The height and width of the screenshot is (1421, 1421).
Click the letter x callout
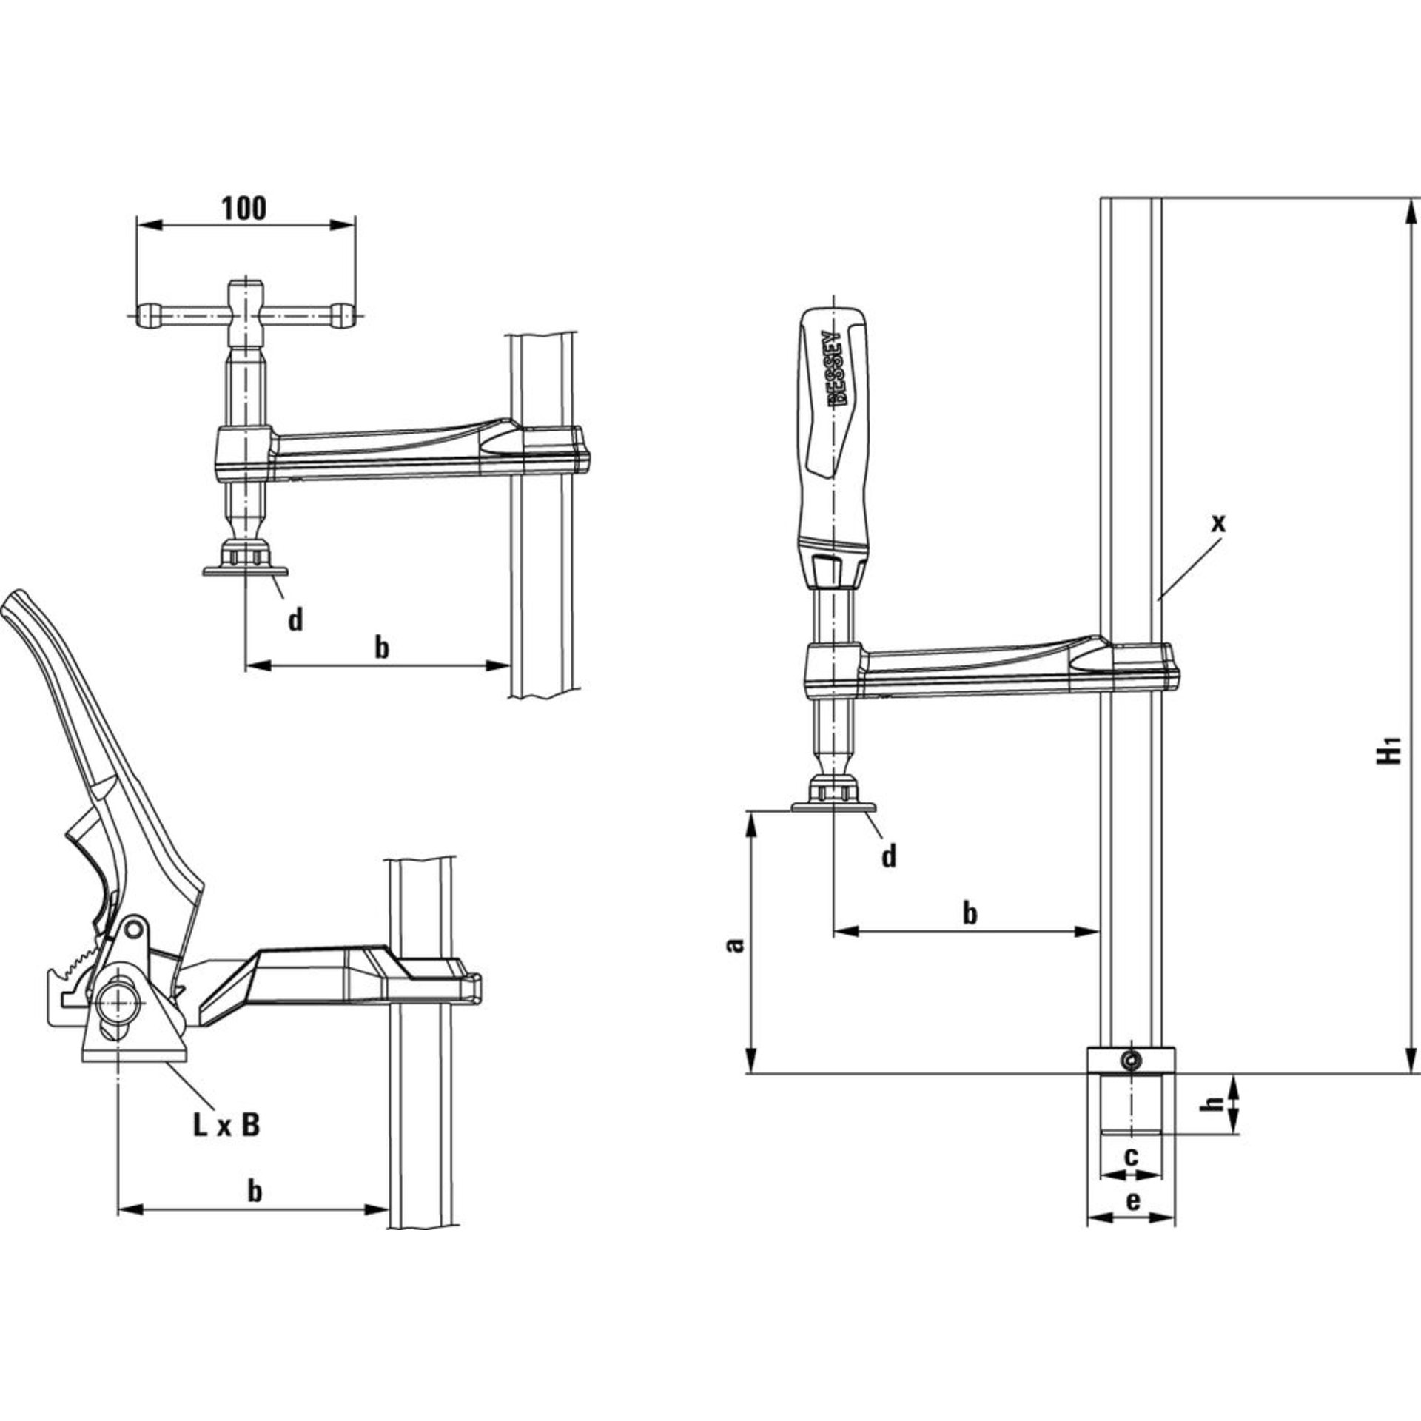point(1217,523)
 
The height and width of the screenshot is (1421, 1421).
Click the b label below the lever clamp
point(254,1192)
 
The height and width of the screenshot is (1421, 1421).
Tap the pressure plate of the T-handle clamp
point(245,571)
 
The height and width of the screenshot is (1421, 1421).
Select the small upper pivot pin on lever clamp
point(133,929)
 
